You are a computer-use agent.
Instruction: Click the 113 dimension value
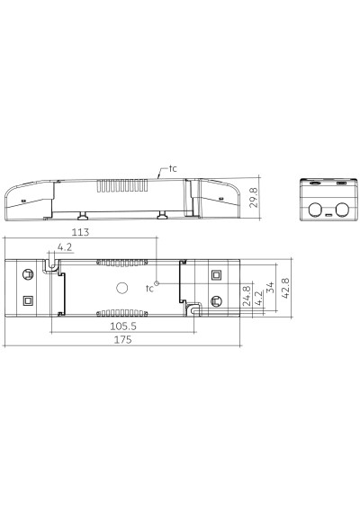point(80,232)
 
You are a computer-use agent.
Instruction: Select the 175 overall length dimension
point(122,340)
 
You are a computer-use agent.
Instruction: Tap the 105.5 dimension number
point(123,326)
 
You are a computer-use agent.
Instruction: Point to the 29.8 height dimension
point(254,197)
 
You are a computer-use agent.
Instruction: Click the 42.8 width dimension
point(285,289)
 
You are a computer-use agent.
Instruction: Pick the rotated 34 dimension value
point(270,288)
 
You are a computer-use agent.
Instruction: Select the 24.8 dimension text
point(247,296)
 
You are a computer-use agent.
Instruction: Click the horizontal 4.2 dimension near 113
point(65,246)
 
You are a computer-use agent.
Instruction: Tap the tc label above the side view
point(173,168)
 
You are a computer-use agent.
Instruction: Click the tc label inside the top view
point(149,289)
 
